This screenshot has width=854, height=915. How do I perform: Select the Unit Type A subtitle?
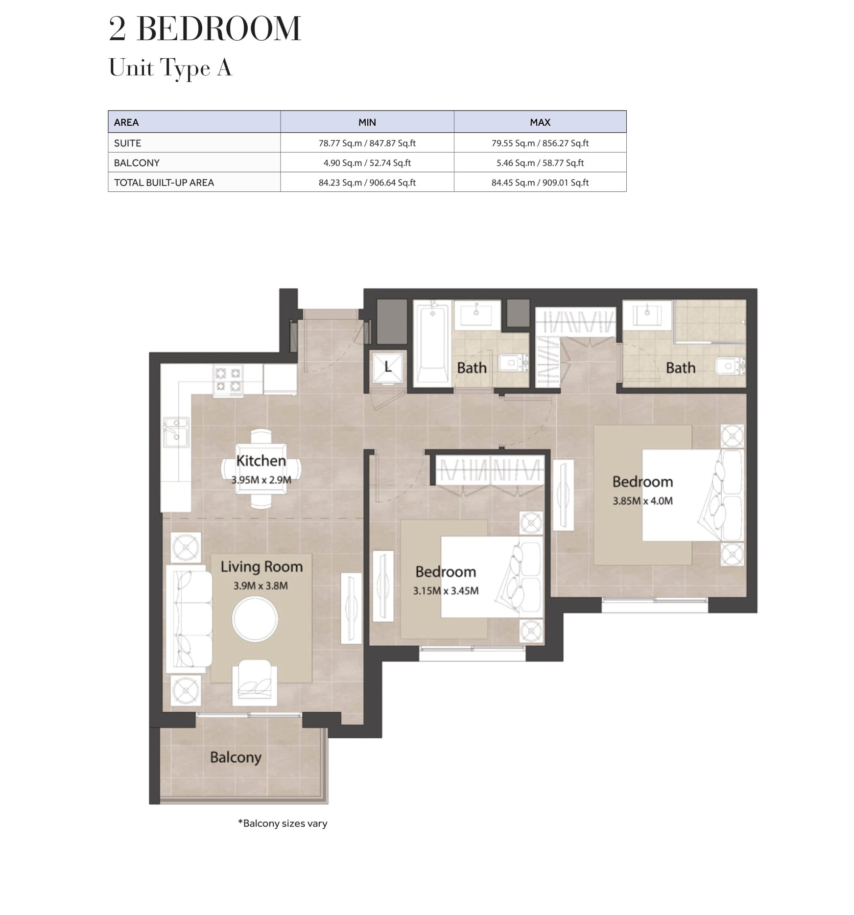[170, 68]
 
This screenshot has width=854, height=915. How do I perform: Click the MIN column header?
[367, 122]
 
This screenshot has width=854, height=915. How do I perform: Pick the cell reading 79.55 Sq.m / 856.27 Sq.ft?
[540, 143]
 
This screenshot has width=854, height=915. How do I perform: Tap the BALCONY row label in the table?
[137, 163]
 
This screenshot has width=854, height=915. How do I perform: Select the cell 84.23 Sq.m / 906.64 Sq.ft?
[367, 183]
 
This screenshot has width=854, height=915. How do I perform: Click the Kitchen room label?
[261, 461]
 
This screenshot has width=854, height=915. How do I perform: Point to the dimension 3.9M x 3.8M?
[261, 586]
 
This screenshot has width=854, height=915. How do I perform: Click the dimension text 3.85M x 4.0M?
[642, 501]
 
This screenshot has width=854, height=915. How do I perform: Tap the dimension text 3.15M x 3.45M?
[446, 591]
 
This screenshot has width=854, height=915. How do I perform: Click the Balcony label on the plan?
[236, 757]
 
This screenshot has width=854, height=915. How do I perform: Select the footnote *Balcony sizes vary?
[283, 823]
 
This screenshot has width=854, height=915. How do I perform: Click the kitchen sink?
[175, 432]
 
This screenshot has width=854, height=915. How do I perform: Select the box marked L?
[388, 367]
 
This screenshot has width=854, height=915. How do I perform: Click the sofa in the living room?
[189, 619]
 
